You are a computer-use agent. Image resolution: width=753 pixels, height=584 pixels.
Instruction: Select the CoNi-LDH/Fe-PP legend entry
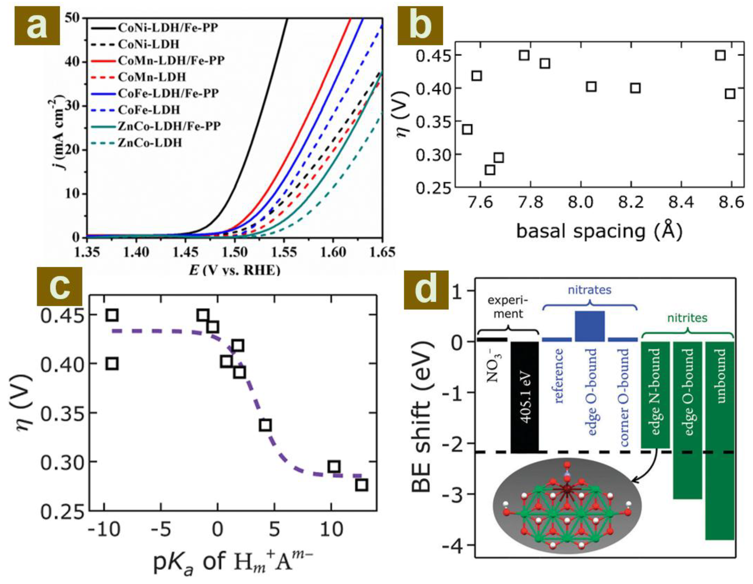pyautogui.click(x=168, y=28)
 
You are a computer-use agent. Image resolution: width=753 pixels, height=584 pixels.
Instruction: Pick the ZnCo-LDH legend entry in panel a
pyautogui.click(x=150, y=142)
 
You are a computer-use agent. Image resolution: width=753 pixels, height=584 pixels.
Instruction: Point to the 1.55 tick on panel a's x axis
pyautogui.click(x=284, y=252)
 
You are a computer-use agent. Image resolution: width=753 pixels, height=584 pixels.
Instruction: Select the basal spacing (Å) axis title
pyautogui.click(x=599, y=231)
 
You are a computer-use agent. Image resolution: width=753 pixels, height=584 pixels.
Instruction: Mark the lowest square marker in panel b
pyautogui.click(x=490, y=170)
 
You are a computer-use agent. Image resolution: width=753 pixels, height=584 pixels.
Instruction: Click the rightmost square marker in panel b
pyautogui.click(x=730, y=93)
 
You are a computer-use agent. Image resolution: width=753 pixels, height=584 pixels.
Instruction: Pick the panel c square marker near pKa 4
pyautogui.click(x=265, y=425)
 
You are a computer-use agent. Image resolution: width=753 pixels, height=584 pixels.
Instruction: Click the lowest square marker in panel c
pyautogui.click(x=362, y=485)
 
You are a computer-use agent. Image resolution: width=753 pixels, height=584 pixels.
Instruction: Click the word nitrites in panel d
pyautogui.click(x=687, y=318)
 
